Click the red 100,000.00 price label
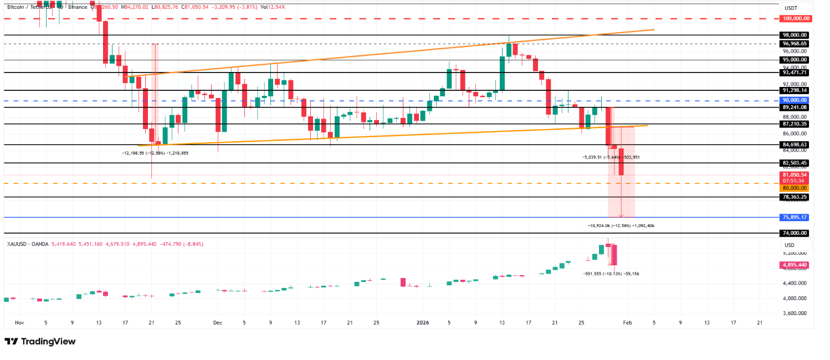(796, 18)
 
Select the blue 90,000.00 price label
(796, 100)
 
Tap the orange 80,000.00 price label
(796, 188)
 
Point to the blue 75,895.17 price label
(796, 217)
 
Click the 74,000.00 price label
(796, 233)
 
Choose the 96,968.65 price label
(796, 43)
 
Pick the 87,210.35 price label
(796, 124)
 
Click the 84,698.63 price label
(796, 145)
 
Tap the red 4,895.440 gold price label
(796, 265)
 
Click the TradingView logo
(40, 342)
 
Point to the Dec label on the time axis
(217, 322)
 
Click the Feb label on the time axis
(627, 322)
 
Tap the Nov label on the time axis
(19, 322)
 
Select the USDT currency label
(791, 8)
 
